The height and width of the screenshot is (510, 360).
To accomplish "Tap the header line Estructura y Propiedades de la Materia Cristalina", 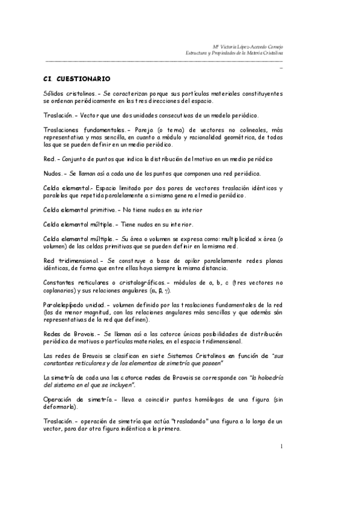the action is pos(234,53).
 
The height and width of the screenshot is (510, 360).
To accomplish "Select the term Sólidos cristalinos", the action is pos(68,94).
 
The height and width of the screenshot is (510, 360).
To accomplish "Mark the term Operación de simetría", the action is pos(79,399).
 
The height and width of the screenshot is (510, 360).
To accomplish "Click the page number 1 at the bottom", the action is pos(281,446).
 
